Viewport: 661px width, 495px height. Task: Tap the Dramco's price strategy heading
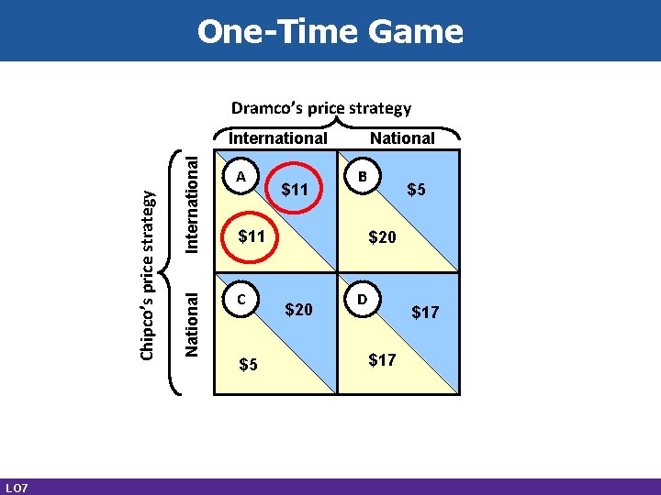[x=321, y=108]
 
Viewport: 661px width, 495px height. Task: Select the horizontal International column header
[x=277, y=138]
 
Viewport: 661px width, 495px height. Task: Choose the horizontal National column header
[x=402, y=138]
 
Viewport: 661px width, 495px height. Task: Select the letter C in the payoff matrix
[x=241, y=299]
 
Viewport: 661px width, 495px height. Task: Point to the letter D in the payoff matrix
[x=363, y=299]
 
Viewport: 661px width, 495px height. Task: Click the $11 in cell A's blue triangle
[x=297, y=191]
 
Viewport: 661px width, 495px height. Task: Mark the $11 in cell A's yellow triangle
[x=251, y=237]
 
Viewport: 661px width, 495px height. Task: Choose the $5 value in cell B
[x=416, y=191]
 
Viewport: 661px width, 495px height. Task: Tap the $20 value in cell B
[x=382, y=237]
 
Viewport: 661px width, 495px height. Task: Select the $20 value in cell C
[x=299, y=310]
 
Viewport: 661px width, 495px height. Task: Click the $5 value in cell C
[x=248, y=364]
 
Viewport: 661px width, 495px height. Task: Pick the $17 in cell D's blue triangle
[x=425, y=313]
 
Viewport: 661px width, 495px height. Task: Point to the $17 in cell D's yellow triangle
[x=382, y=359]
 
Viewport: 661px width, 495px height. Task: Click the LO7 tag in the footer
[x=16, y=487]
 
